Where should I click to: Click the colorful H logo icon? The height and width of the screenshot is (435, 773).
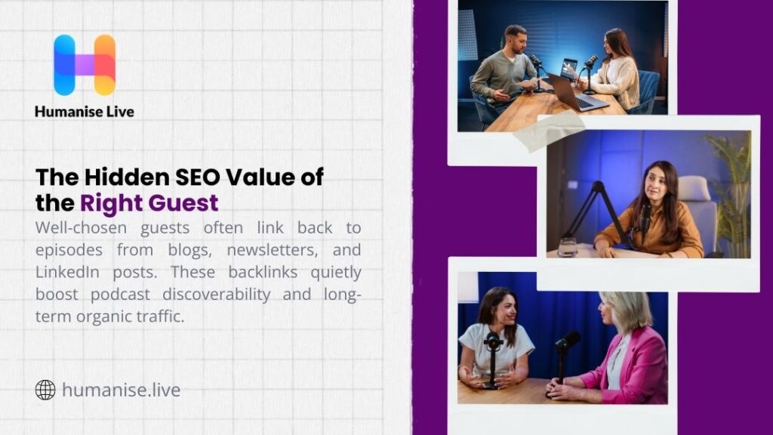coord(85,65)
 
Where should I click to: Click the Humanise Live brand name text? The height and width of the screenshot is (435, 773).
coord(85,111)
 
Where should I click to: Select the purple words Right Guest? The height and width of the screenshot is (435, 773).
coord(149,202)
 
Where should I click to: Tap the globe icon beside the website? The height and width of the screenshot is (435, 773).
coord(45,390)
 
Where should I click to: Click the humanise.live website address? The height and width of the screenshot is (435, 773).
coord(122,390)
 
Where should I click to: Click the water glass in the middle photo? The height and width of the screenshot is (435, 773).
coord(568,246)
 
